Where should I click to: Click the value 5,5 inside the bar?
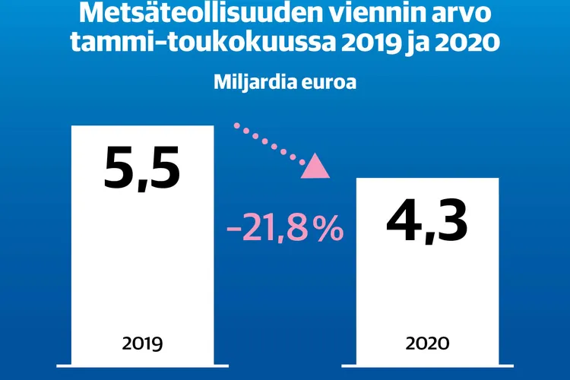pos(143,169)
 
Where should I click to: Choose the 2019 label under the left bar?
pos(143,344)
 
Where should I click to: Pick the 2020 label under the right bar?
pos(427,344)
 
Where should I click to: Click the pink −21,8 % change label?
pos(285,228)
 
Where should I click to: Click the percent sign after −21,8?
pos(328,228)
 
